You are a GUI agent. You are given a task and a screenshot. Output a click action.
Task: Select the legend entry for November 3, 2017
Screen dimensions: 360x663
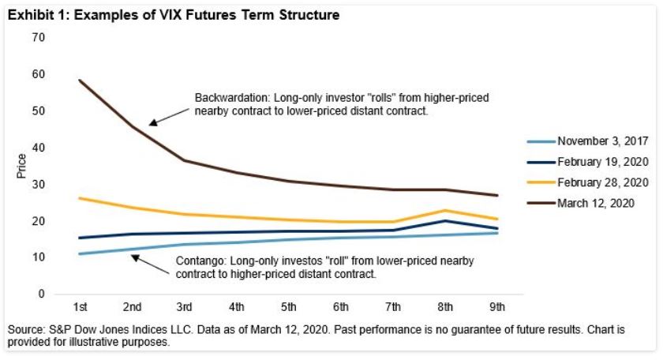(602, 142)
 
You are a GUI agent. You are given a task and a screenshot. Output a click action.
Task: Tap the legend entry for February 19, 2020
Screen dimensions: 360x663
(602, 162)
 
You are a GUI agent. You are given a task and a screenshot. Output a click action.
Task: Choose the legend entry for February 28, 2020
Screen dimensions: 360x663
(602, 182)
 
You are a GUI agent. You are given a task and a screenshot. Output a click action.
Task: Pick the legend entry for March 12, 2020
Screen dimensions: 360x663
(597, 203)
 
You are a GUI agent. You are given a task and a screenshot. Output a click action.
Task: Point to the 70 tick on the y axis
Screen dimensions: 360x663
(39, 38)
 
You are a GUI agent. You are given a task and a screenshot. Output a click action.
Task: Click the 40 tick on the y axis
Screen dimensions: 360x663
(39, 148)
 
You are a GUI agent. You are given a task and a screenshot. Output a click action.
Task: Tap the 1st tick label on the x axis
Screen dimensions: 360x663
(80, 307)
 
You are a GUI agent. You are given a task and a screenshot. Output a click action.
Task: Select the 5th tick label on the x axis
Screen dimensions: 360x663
(289, 307)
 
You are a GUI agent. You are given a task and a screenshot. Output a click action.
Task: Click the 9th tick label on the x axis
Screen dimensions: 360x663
(497, 307)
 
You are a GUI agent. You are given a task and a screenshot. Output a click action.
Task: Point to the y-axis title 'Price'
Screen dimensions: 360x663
(22, 166)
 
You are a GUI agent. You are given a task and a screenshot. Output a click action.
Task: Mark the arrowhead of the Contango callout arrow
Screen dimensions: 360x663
(133, 256)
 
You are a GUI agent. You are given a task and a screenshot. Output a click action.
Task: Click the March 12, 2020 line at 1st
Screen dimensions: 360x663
(80, 80)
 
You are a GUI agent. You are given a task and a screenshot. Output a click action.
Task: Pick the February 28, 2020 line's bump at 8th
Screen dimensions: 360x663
(445, 211)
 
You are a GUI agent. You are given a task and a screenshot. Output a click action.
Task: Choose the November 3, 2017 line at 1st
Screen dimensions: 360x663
(80, 253)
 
